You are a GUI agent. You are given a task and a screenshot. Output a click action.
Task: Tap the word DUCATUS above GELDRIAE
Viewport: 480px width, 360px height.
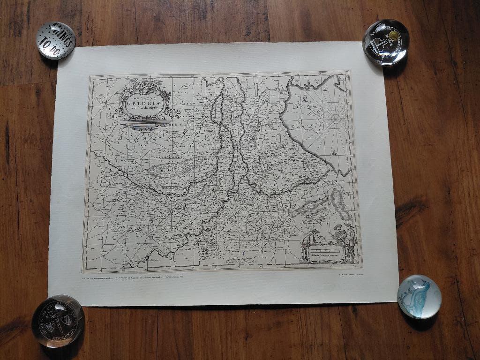point(145,97)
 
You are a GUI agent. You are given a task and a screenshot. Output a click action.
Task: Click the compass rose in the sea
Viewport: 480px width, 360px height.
point(336,119)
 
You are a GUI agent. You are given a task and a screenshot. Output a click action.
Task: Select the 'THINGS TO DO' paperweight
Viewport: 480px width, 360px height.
point(56,40)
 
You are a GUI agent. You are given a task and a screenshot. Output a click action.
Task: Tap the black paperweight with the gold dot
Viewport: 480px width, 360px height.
point(386,41)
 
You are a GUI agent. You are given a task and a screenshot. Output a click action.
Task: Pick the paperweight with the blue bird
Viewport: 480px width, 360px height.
point(419,296)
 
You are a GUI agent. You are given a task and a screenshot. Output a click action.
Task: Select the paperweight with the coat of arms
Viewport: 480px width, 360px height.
point(58,321)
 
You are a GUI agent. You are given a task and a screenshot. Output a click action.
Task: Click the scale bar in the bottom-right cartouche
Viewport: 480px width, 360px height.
point(328,254)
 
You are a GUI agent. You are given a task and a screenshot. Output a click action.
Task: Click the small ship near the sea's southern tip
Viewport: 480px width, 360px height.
point(334,153)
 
